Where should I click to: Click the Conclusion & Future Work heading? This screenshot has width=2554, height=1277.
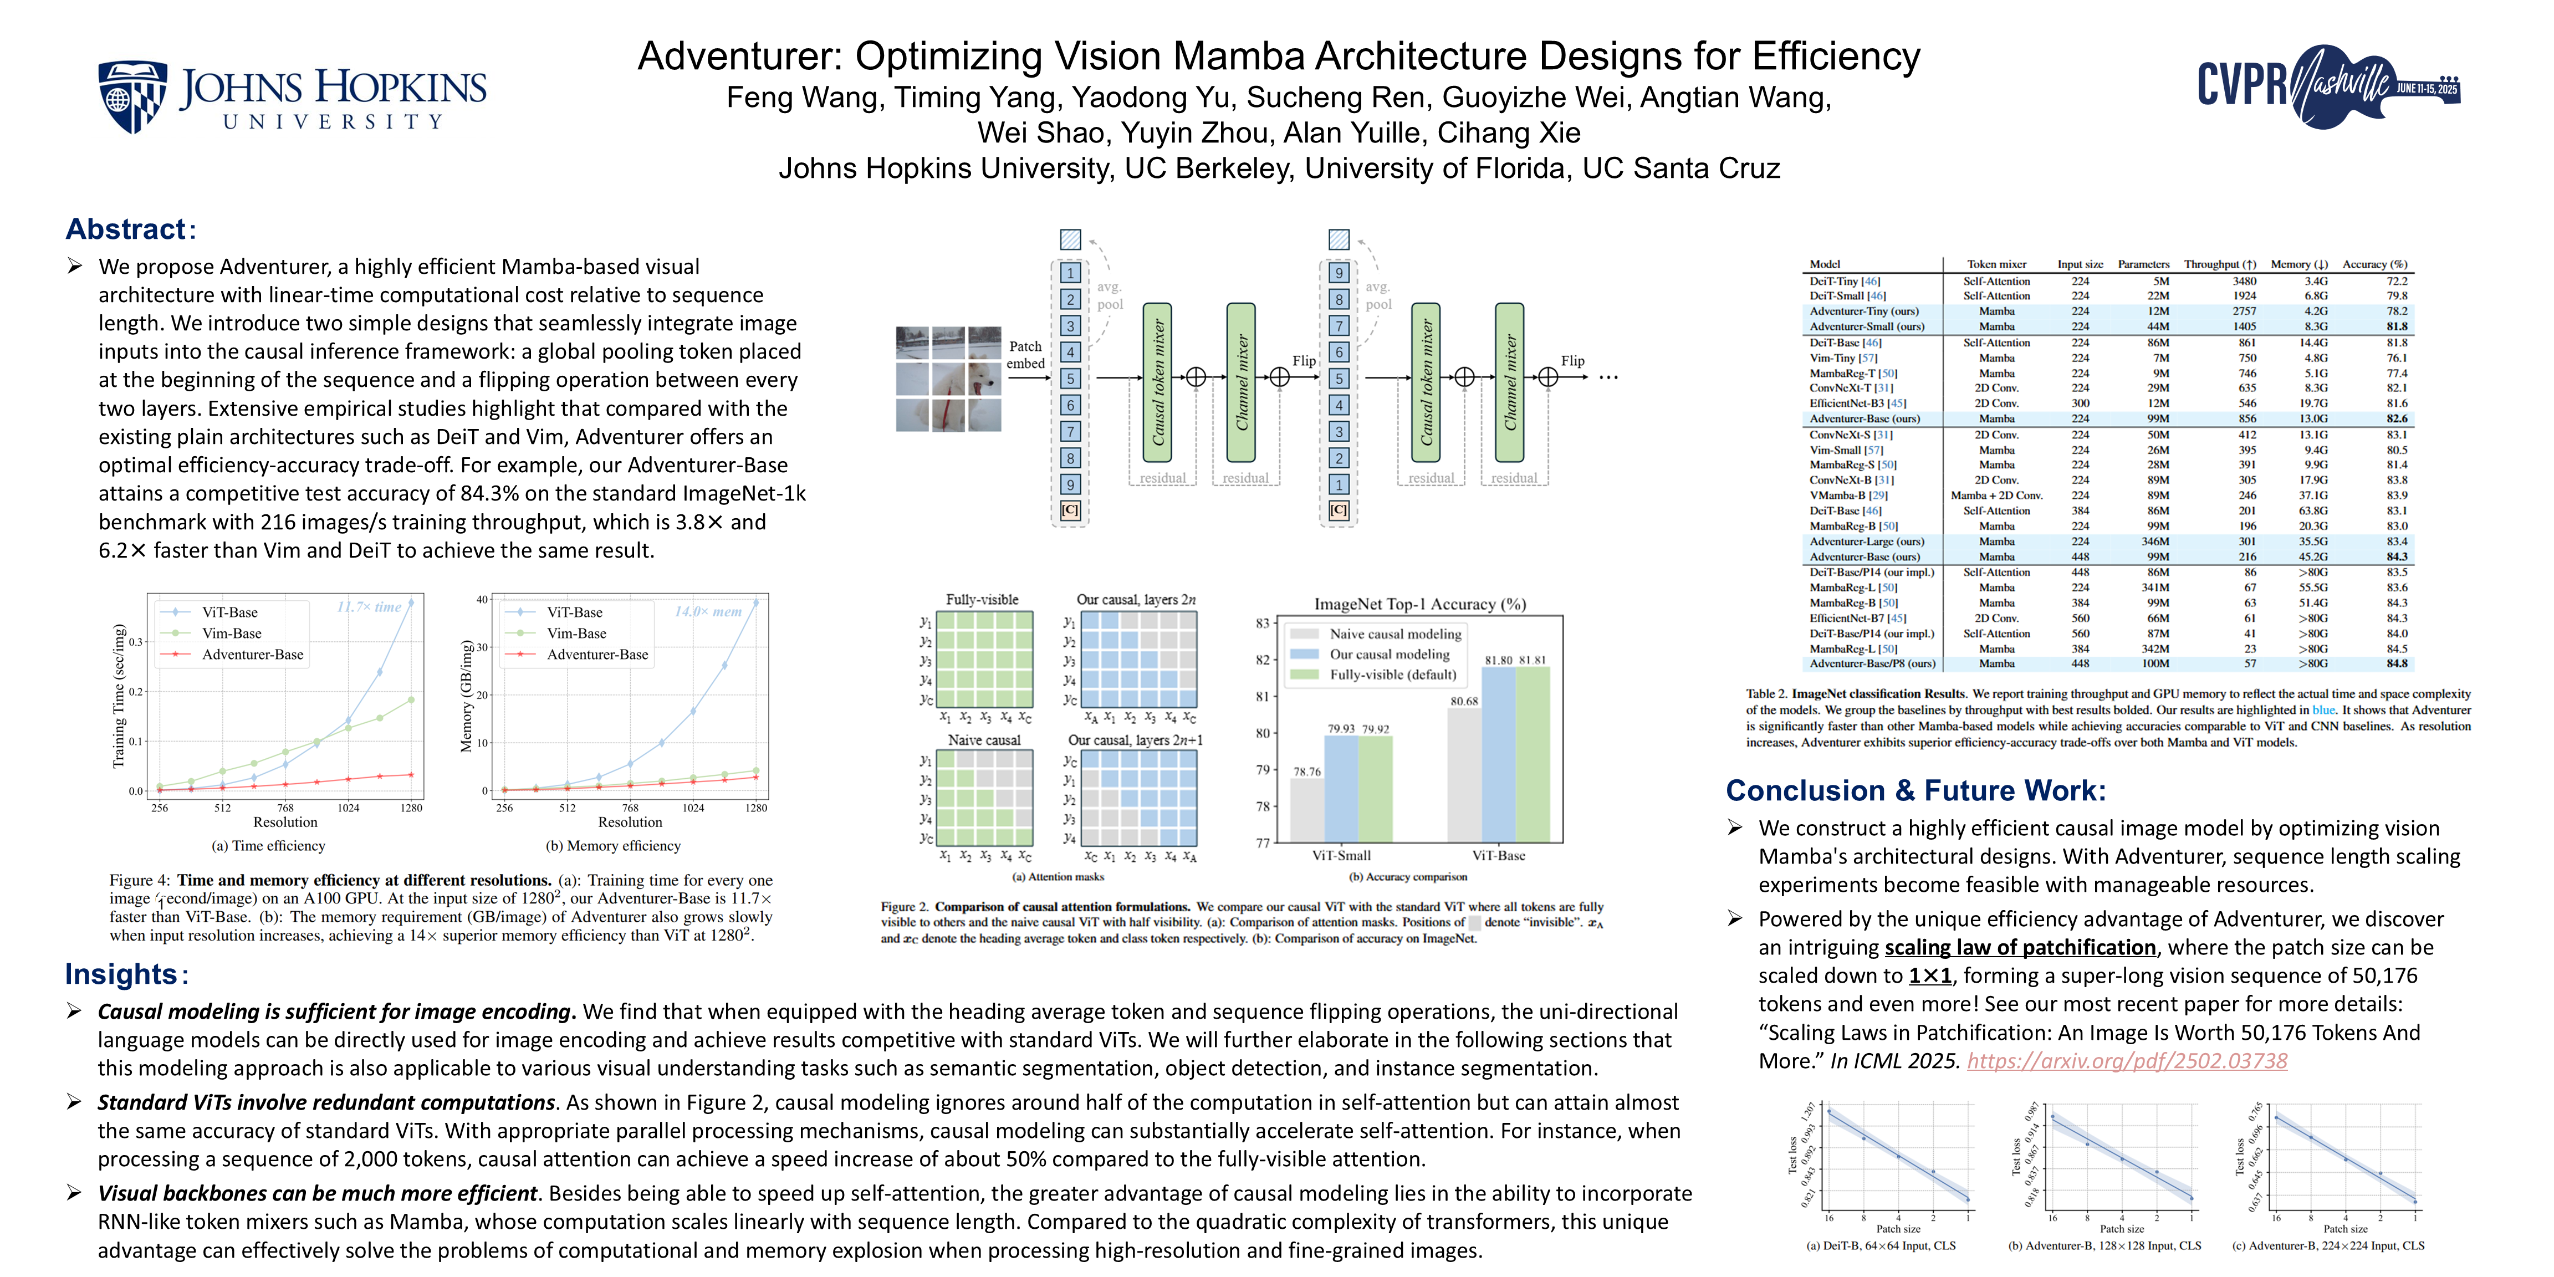[x=1915, y=790]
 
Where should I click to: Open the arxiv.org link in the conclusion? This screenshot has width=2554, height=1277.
[x=2127, y=1061]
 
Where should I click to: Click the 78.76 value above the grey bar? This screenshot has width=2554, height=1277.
[x=1307, y=772]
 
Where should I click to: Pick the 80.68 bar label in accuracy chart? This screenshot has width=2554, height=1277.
[x=1463, y=701]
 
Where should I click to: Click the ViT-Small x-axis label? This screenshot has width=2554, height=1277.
[x=1341, y=856]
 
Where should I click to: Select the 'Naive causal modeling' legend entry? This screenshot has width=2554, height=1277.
[x=1395, y=634]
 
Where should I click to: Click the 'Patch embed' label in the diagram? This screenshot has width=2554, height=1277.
[x=1025, y=355]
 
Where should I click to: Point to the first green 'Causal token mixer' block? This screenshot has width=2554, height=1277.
[x=1157, y=382]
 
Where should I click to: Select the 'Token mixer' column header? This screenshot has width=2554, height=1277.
[x=1997, y=265]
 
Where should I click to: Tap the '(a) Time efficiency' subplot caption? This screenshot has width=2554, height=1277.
[x=268, y=846]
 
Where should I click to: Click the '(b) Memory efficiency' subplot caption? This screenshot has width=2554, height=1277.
[x=612, y=846]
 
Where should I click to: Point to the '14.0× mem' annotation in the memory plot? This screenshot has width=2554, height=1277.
[x=708, y=612]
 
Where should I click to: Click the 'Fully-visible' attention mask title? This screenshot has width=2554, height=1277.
[x=982, y=600]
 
